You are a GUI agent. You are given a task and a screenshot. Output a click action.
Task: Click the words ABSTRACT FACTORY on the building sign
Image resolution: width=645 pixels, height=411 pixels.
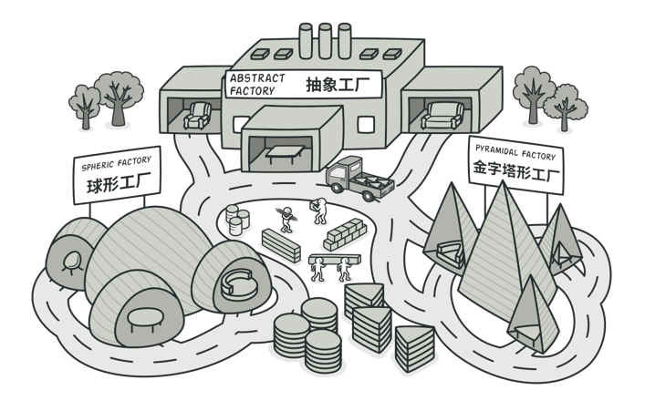(257, 84)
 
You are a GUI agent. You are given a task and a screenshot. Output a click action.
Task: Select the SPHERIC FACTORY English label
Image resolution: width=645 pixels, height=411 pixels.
(116, 162)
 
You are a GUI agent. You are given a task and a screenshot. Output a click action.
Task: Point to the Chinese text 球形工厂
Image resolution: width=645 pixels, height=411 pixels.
(117, 184)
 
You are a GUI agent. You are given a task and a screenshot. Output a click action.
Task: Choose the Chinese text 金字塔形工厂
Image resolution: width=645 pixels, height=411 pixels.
(515, 170)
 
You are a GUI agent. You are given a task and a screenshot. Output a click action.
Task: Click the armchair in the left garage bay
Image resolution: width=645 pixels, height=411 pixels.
(197, 115)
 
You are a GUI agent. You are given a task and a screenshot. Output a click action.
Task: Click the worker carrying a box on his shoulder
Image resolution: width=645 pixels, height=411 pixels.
(319, 211)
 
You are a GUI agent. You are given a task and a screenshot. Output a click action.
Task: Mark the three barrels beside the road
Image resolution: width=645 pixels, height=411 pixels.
(237, 219)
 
